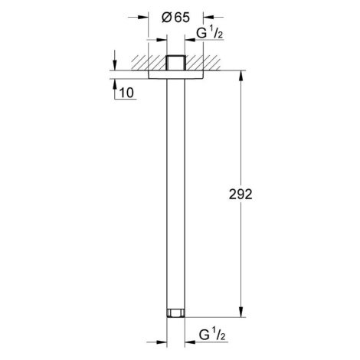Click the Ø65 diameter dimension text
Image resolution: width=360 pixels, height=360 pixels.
tap(176, 18)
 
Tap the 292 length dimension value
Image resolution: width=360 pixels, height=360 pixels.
tap(241, 195)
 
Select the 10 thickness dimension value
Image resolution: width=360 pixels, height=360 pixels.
tap(126, 93)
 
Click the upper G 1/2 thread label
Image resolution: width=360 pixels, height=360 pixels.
tap(210, 34)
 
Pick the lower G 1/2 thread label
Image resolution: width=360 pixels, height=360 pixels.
tap(212, 335)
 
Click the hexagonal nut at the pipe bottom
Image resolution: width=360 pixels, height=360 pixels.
tap(175, 313)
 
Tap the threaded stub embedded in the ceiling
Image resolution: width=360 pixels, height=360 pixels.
tap(175, 63)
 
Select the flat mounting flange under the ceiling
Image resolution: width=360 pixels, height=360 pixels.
tap(175, 74)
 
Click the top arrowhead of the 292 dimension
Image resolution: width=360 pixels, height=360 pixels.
tap(241, 76)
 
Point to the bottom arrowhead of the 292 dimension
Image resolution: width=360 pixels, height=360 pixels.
tap(241, 312)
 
